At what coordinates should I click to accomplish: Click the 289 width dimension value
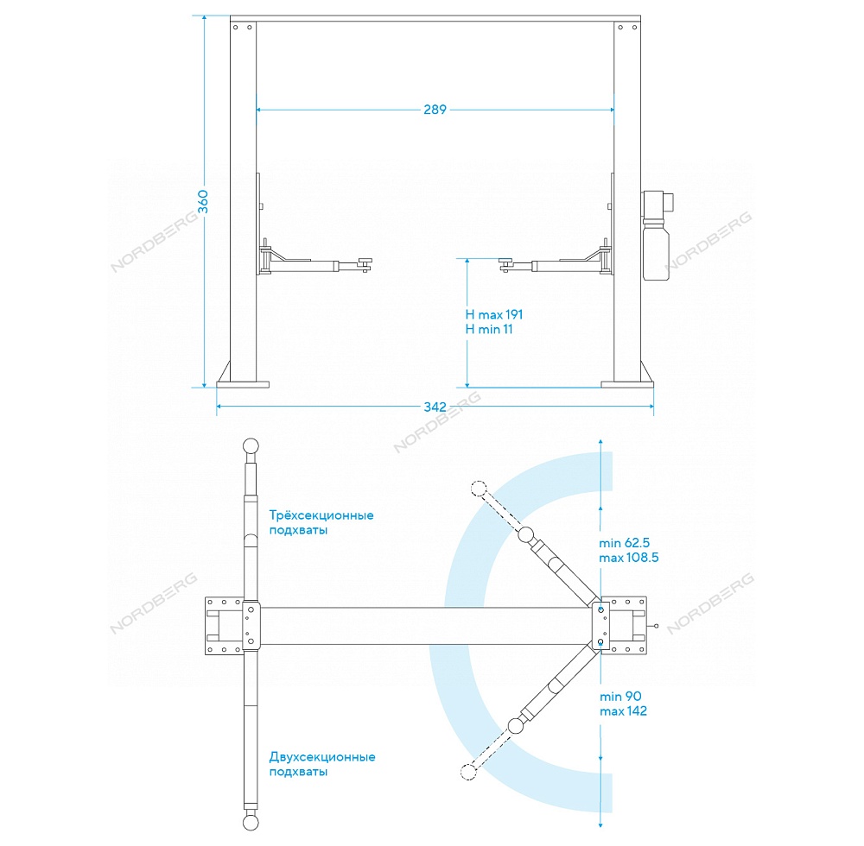pyautogui.click(x=435, y=110)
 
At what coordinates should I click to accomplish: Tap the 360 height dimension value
pyautogui.click(x=203, y=201)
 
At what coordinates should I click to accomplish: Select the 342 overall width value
pyautogui.click(x=435, y=407)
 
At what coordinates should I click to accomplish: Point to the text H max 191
pyautogui.click(x=493, y=314)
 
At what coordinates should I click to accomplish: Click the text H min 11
pyautogui.click(x=489, y=329)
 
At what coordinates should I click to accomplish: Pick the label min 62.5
pyautogui.click(x=625, y=543)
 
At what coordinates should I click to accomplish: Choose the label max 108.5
pyautogui.click(x=629, y=558)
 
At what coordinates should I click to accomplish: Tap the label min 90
pyautogui.click(x=620, y=697)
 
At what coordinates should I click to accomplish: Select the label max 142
pyautogui.click(x=623, y=711)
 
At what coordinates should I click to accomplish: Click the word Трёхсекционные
pyautogui.click(x=321, y=515)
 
